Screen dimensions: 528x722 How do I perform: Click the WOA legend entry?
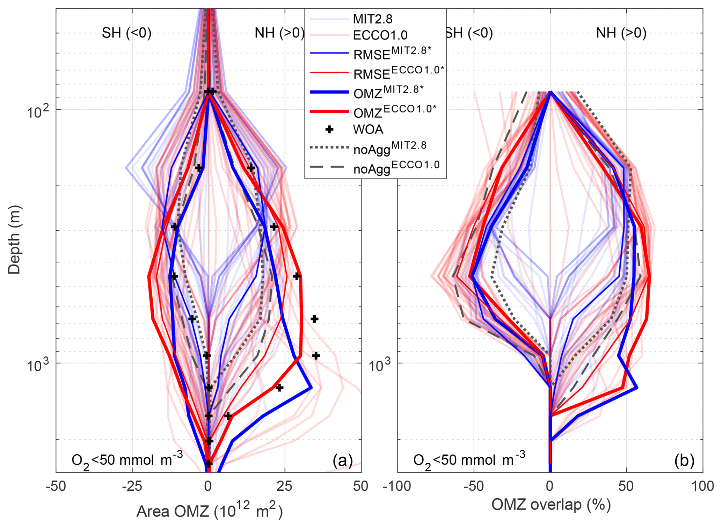(x=368, y=130)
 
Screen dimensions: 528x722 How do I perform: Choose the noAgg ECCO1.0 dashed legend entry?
(x=396, y=167)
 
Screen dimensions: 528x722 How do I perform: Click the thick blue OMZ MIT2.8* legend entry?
(x=388, y=92)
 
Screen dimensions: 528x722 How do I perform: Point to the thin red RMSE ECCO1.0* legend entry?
(x=398, y=73)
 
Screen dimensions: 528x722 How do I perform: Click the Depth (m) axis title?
(x=14, y=239)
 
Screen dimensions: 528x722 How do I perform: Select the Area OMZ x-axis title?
(x=209, y=512)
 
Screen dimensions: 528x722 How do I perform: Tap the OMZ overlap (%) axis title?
(x=551, y=505)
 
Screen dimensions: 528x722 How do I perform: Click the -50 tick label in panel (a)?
(x=56, y=486)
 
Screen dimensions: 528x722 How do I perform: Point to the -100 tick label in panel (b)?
(x=398, y=486)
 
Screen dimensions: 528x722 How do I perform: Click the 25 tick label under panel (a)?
(x=285, y=486)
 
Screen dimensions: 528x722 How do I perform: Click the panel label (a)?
(x=342, y=461)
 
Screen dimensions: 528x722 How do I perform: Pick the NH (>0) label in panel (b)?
(x=621, y=33)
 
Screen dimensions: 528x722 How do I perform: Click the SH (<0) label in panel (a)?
(x=126, y=33)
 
